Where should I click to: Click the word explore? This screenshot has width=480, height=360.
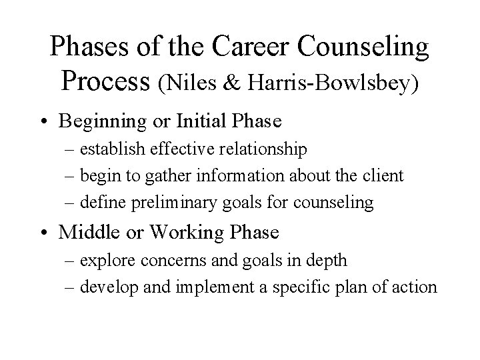click(103, 261)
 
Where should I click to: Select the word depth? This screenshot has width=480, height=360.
click(328, 261)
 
